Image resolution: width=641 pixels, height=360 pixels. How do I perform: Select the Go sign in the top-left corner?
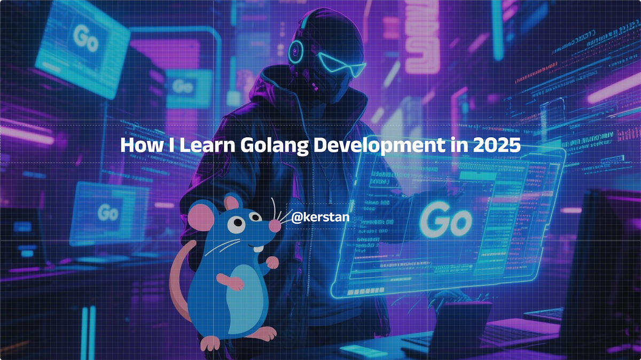[85, 38]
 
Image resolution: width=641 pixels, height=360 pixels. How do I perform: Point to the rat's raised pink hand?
[273, 262]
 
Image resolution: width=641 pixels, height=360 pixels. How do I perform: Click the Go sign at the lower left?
[107, 212]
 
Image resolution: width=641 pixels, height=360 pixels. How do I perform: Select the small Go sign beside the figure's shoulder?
[183, 87]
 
